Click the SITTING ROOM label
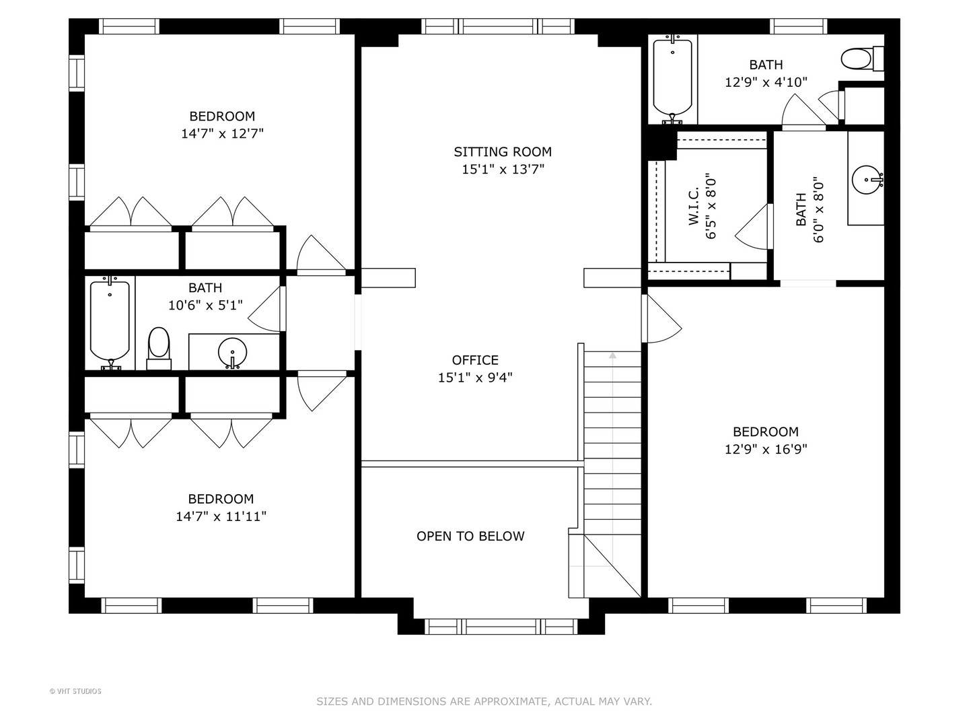point(503,152)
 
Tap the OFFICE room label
point(475,360)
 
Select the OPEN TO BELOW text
point(470,536)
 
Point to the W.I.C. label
point(694,206)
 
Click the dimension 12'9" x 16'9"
point(766,450)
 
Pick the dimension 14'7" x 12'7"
point(222,134)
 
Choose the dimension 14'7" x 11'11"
point(221,516)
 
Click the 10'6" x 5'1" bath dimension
point(205,305)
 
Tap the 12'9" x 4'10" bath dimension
point(766,82)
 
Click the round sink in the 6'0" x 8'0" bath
point(867,180)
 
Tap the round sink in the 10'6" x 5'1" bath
point(232,353)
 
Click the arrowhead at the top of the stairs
point(612,355)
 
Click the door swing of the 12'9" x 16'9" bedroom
point(661,318)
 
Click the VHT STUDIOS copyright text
point(75,691)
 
